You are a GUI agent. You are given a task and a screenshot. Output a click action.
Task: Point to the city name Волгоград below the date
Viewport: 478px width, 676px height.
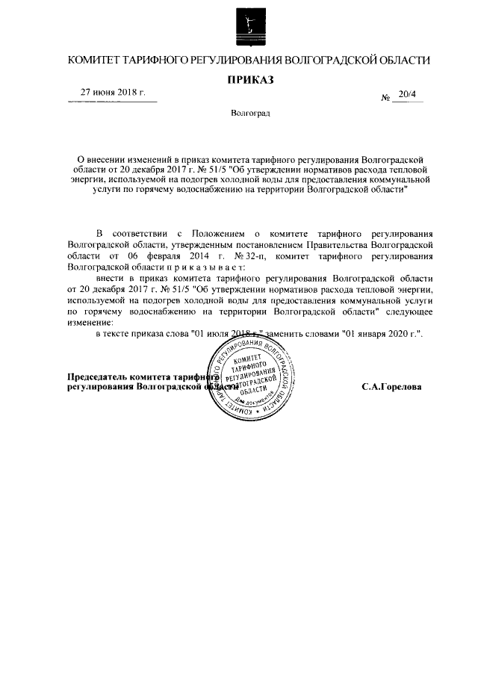click(250, 114)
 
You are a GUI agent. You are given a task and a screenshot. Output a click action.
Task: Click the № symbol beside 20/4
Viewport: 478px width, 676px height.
click(387, 98)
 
